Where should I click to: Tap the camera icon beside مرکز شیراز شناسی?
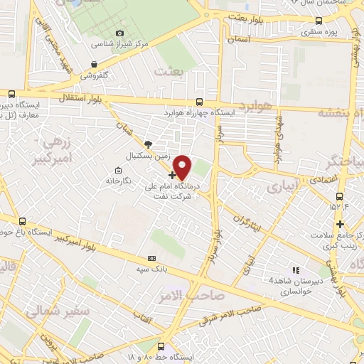tap(119, 33)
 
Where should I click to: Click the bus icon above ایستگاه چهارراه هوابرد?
tap(198, 102)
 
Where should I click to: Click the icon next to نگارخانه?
tap(117, 170)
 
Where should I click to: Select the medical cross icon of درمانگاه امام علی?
tap(172, 174)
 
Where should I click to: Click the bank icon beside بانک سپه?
tap(151, 258)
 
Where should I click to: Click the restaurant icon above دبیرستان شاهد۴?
tap(296, 269)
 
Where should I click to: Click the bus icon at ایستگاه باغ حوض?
tap(23, 221)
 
